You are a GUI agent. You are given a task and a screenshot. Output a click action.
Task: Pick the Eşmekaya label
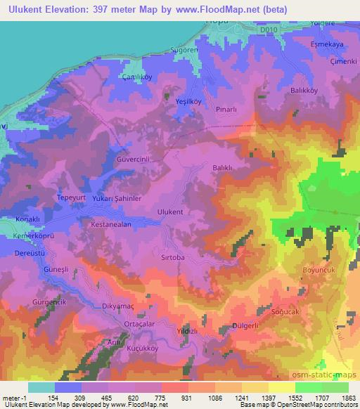pyautogui.click(x=326, y=43)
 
